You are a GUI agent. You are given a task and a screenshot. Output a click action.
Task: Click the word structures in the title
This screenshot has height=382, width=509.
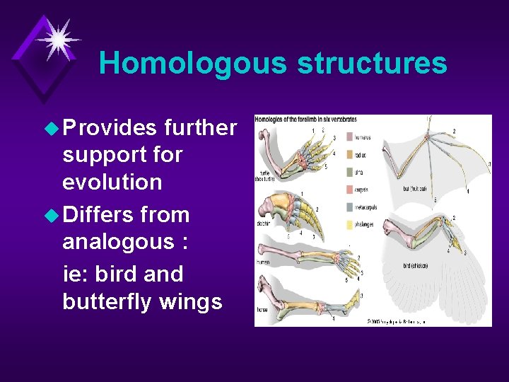pos(372,63)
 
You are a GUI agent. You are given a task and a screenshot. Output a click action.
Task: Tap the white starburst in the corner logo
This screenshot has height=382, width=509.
pos(57,37)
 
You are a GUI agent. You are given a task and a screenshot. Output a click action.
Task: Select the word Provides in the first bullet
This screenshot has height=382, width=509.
pos(110,127)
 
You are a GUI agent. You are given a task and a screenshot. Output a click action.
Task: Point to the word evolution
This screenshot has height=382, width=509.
pos(112,182)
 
